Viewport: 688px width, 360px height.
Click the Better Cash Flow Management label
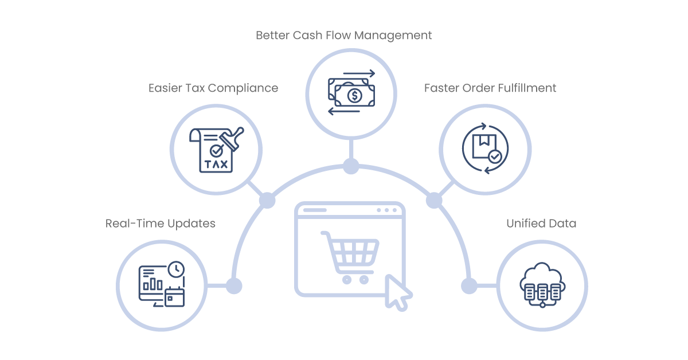coord(343,36)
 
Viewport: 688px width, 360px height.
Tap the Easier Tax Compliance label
coord(213,88)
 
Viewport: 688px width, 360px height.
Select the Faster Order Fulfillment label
coord(490,88)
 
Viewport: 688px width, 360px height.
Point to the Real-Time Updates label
coord(161,224)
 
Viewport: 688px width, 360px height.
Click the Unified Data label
coord(541,224)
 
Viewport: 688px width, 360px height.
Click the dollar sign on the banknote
coord(355,96)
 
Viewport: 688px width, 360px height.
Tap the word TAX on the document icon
coord(216,165)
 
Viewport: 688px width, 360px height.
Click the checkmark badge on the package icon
coord(495,156)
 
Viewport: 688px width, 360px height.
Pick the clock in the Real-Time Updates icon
coord(177,269)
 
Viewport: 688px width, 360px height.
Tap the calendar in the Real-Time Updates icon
coord(175,297)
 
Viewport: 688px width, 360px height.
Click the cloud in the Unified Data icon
coord(542,277)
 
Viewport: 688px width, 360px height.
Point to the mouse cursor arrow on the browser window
coord(397,293)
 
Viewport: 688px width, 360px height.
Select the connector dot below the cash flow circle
coord(351,166)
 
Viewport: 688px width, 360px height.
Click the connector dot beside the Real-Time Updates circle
coord(234,286)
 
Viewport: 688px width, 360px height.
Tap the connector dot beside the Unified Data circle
coord(469,286)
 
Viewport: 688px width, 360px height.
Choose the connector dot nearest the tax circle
coord(267,201)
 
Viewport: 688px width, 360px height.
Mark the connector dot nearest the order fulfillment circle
coord(434,201)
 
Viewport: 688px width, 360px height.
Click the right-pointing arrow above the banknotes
coord(359,73)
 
